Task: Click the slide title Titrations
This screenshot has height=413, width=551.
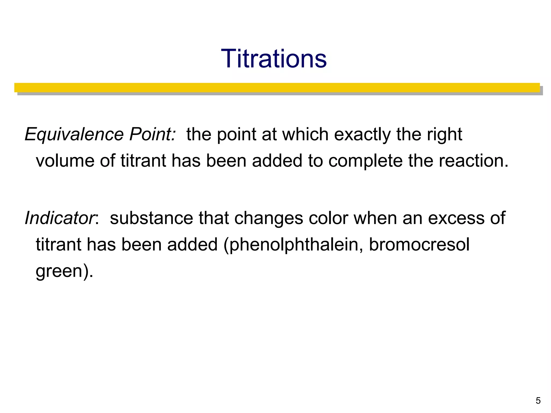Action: (274, 59)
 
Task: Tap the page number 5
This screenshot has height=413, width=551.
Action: (538, 401)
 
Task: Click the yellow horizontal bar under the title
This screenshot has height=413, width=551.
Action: (277, 88)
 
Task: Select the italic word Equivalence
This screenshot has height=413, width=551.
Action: (74, 134)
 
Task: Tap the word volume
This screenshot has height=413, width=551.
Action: (65, 161)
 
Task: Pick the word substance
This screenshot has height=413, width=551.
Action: (151, 218)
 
